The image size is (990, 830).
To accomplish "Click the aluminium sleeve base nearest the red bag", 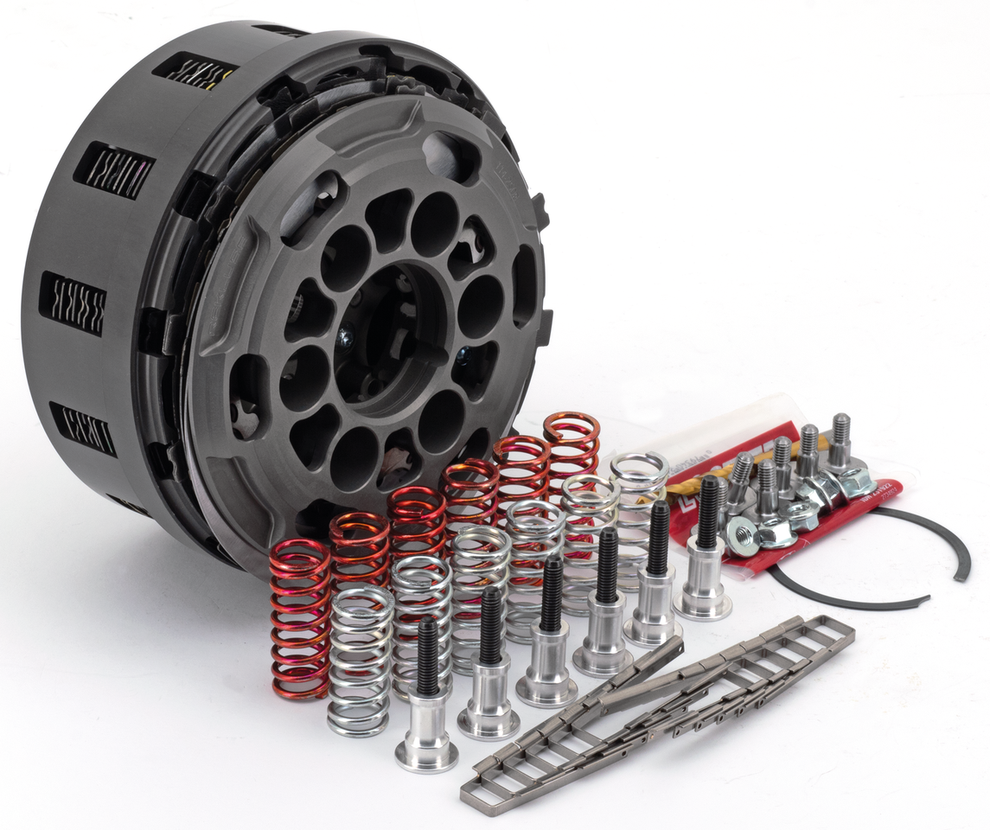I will (x=702, y=596).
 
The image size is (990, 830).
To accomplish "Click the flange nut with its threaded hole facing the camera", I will (x=742, y=536).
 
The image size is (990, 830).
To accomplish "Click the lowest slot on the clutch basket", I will (x=82, y=428).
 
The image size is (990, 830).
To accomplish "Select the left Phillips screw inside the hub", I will (x=344, y=340).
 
